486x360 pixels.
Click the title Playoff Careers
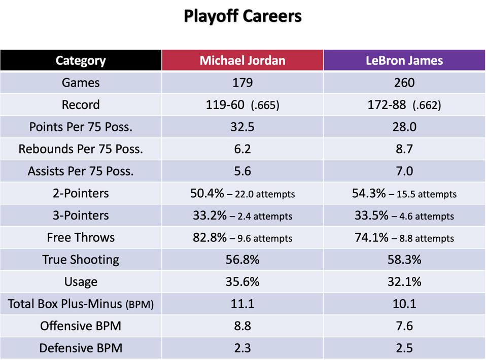pos(242,16)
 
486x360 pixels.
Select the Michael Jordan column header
pos(242,60)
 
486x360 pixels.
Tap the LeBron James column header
pos(404,60)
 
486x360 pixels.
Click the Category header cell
pos(81,60)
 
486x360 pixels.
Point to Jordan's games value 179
pos(242,82)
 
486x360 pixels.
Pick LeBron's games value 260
pos(404,82)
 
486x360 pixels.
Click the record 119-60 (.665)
pos(242,105)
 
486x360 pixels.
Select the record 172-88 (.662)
pos(404,105)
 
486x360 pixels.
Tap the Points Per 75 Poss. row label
pos(81,127)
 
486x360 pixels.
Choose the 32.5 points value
pos(242,127)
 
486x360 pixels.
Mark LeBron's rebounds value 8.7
pos(404,149)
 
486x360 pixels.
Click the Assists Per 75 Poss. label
pos(81,171)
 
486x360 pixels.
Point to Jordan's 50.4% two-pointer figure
pos(208,193)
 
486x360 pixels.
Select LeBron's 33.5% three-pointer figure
pos(372,215)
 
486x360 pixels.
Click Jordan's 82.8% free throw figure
pos(209,237)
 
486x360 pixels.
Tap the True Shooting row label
pos(81,260)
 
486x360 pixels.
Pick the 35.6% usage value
pos(242,282)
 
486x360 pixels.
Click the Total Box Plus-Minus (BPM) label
pos(81,304)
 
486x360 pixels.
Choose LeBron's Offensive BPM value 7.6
pos(404,326)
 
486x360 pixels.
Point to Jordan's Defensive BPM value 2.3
pos(242,348)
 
